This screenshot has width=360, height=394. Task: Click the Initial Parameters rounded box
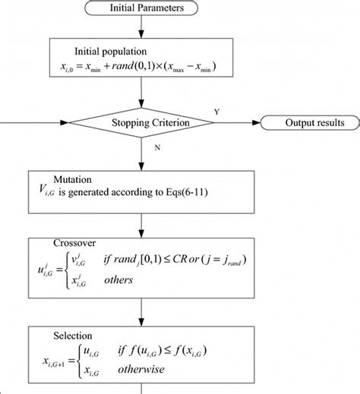point(142,8)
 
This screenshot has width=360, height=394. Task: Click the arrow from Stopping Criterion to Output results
point(235,122)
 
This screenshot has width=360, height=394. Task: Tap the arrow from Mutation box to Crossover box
point(142,220)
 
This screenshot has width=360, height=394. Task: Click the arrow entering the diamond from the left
point(46,122)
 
